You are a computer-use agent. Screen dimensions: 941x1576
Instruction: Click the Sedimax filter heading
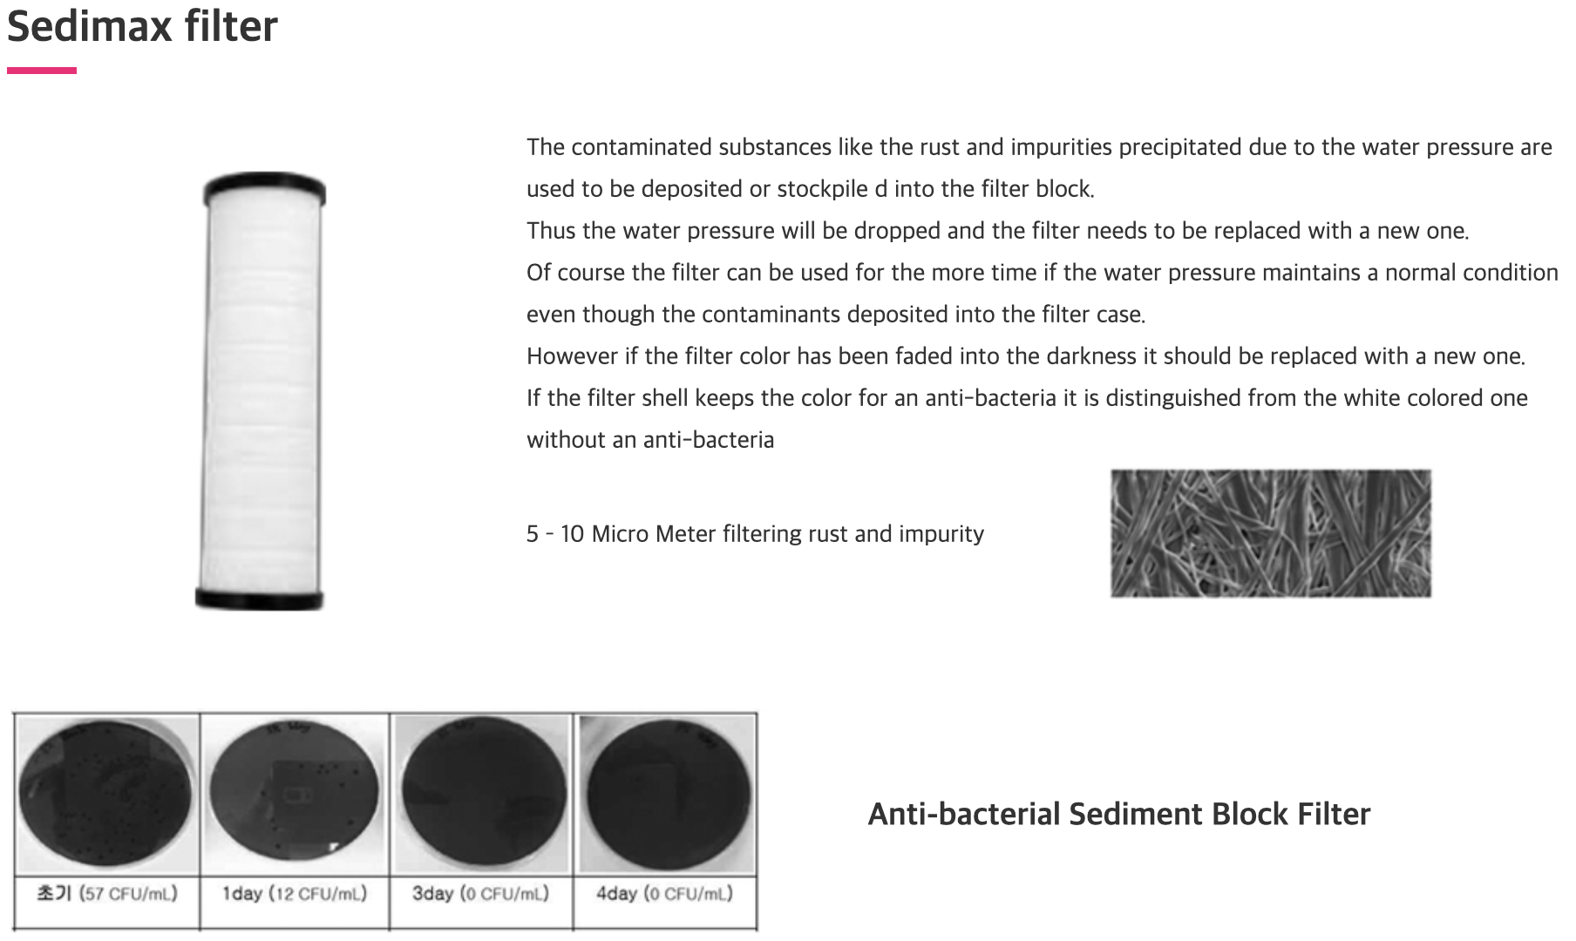pyautogui.click(x=142, y=26)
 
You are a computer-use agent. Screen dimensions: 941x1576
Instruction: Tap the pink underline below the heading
pyautogui.click(x=42, y=71)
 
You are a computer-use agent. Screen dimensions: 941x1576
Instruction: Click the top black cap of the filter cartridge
pyautogui.click(x=264, y=188)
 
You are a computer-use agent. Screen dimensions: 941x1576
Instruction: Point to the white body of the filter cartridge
pyautogui.click(x=262, y=392)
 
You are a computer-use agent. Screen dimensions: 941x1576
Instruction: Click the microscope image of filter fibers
pyautogui.click(x=1270, y=533)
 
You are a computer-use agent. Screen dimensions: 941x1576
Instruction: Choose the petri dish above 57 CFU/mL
pyautogui.click(x=106, y=793)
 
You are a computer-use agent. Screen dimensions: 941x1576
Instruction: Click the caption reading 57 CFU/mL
pyautogui.click(x=128, y=894)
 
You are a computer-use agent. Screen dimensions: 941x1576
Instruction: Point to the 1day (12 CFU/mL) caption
pyautogui.click(x=295, y=894)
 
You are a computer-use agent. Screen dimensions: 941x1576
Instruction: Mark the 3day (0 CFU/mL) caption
pyautogui.click(x=480, y=894)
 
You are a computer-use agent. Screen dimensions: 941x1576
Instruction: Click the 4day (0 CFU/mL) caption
pyautogui.click(x=664, y=894)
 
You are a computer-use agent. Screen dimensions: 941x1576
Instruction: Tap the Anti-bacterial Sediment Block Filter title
pyautogui.click(x=1118, y=814)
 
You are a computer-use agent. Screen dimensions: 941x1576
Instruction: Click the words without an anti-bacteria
pyautogui.click(x=650, y=440)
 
